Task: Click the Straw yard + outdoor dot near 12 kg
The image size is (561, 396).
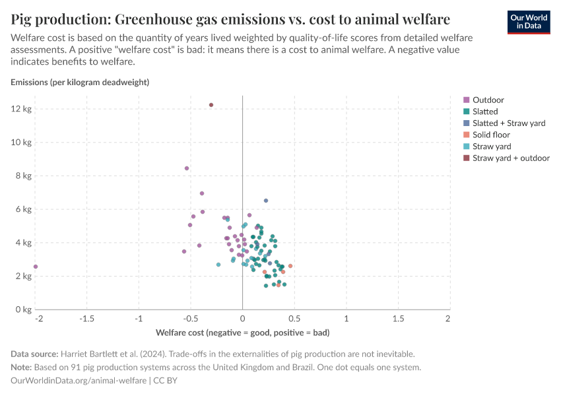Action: pos(211,105)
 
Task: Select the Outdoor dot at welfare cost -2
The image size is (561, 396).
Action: pos(36,267)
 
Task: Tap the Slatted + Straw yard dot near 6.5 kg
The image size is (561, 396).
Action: pos(266,201)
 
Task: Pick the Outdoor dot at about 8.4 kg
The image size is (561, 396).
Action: pos(187,168)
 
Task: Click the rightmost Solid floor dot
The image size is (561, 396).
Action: pos(290,266)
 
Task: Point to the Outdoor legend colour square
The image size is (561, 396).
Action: pos(467,100)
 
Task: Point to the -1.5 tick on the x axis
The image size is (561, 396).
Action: pos(87,319)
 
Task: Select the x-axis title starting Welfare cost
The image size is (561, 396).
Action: pos(242,332)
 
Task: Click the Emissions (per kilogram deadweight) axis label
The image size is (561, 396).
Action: pos(80,82)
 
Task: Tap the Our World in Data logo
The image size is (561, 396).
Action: pos(529,22)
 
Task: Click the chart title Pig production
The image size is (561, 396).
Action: pos(230,18)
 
